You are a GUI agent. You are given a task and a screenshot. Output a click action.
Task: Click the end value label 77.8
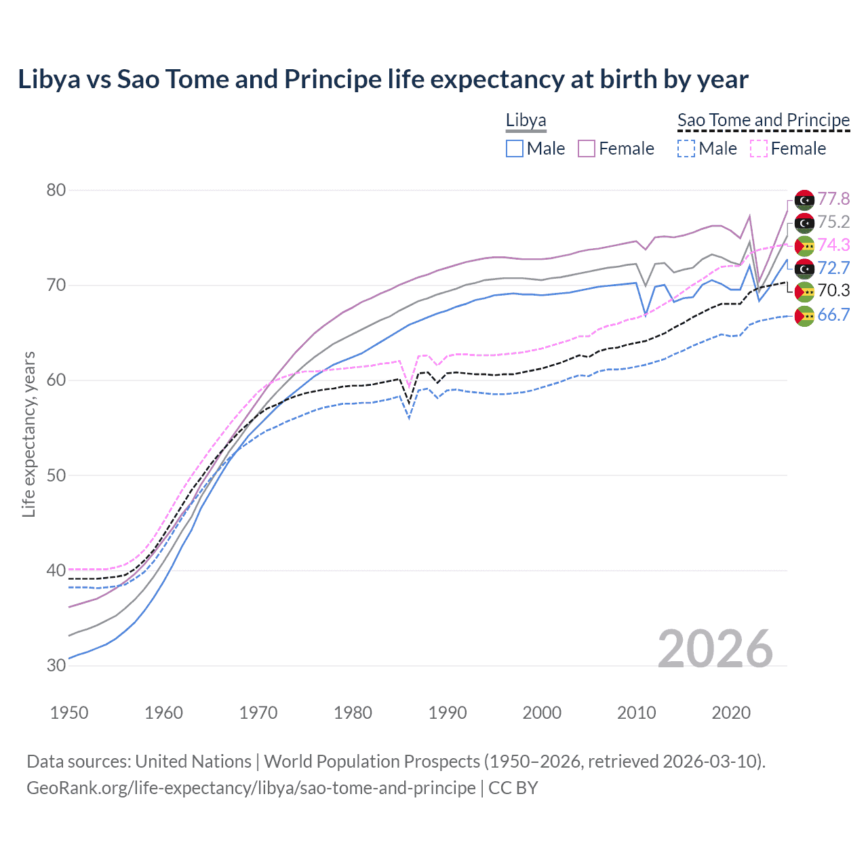833,199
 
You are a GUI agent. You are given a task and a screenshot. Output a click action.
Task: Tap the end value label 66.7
833,315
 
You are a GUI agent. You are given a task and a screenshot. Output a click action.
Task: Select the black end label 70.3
833,291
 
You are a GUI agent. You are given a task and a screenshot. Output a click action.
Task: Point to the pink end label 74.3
833,245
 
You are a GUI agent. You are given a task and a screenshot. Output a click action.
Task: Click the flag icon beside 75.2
804,222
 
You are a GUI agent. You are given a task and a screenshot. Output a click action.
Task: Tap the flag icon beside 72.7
804,269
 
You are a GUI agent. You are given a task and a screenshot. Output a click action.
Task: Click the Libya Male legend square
515,149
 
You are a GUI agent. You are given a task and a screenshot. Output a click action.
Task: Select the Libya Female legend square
587,149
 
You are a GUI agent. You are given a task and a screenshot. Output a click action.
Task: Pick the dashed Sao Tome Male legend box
686,149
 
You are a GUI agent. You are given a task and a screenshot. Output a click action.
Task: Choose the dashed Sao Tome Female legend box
759,149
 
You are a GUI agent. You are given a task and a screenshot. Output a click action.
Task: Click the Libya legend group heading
526,121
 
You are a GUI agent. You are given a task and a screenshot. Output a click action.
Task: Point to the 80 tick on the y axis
56,191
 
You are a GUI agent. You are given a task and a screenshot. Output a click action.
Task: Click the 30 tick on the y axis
56,666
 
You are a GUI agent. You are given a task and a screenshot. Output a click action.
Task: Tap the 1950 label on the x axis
69,713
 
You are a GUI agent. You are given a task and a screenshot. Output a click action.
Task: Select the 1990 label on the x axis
448,713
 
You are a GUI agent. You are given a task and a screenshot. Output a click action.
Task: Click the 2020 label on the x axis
731,713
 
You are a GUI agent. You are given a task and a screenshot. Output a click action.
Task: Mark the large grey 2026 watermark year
715,649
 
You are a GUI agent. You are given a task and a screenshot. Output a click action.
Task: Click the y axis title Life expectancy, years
28,434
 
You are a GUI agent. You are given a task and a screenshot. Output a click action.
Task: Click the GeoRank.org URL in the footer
251,788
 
